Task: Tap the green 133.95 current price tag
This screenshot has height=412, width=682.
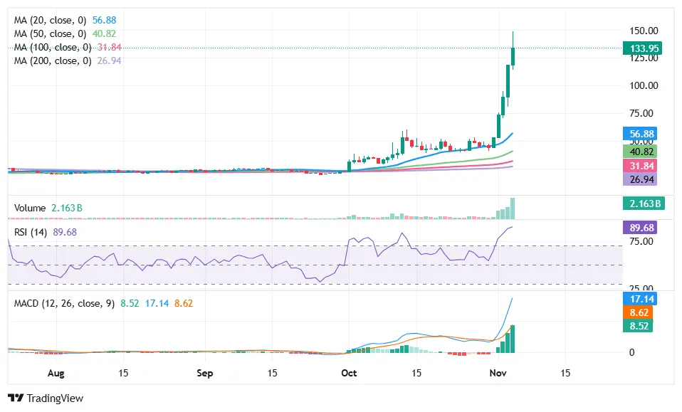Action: click(x=642, y=48)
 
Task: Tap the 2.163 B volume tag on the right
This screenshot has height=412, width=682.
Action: click(x=642, y=204)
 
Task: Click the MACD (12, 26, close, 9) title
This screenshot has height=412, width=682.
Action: click(x=65, y=303)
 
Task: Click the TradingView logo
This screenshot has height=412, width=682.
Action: click(x=46, y=398)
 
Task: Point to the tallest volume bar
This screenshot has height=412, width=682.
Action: click(x=513, y=208)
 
